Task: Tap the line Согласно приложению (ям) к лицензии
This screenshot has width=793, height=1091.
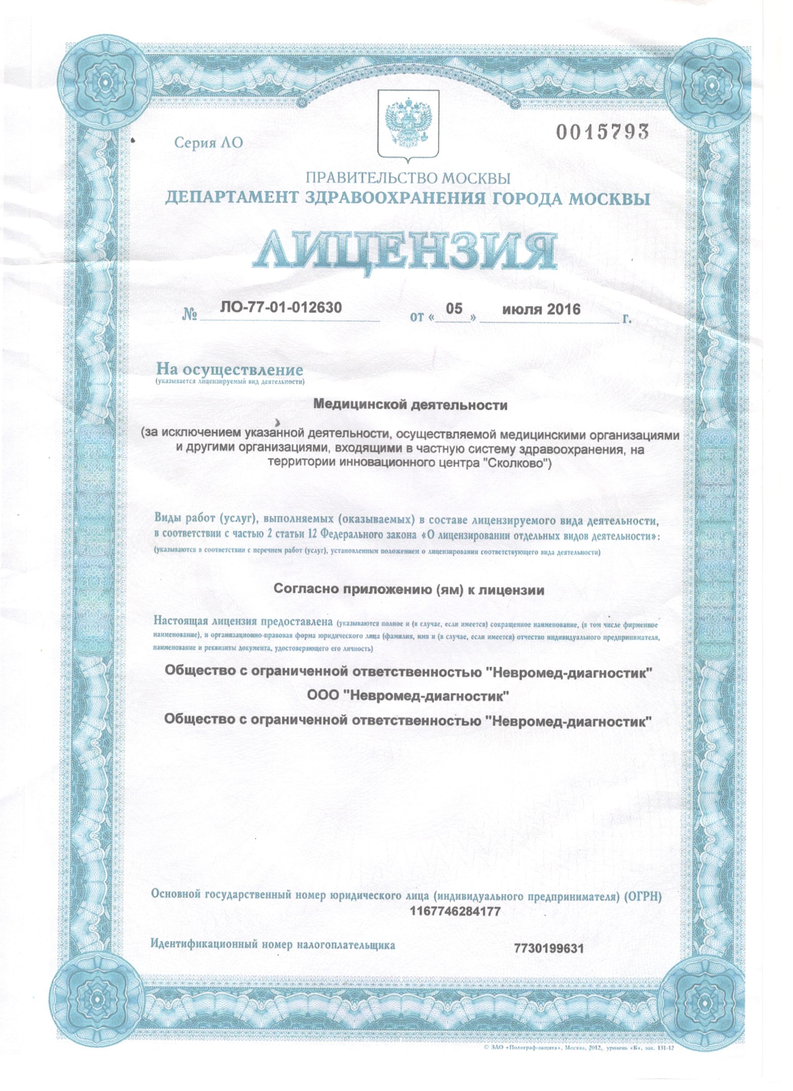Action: pyautogui.click(x=409, y=590)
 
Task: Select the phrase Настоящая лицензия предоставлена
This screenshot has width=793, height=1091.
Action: pyautogui.click(x=243, y=622)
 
